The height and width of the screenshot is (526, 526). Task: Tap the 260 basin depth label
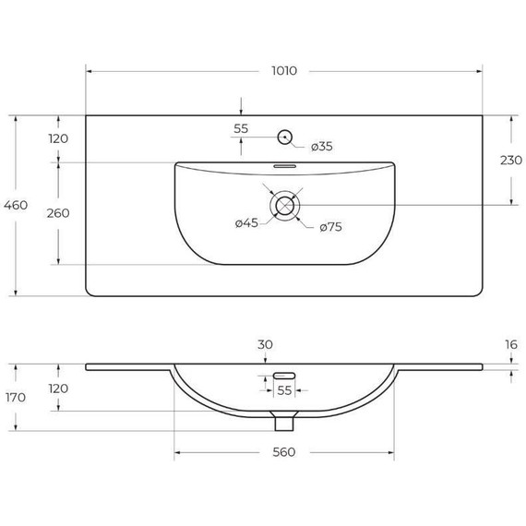58,213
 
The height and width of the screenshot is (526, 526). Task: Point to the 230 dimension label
510,161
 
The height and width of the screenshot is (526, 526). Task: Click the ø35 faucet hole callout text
321,147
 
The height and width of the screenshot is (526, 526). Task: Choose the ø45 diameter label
246,222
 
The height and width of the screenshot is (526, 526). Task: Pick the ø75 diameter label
330,227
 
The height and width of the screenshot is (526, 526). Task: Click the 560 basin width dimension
284,452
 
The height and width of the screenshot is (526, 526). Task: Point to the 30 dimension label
265,344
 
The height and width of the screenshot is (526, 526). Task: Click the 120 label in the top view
58,138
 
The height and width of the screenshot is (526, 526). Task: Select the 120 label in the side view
58,389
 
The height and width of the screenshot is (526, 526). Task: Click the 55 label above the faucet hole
241,129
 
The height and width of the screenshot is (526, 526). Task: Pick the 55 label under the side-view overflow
284,391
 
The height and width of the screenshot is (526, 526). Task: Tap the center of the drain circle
284,205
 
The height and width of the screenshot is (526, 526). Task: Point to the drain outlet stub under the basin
284,421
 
